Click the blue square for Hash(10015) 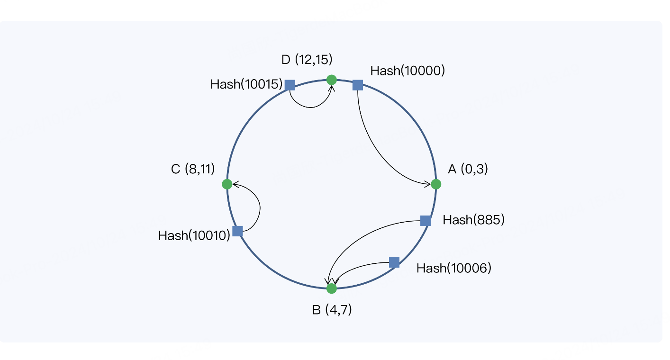[x=290, y=85]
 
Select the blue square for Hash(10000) [x=358, y=85]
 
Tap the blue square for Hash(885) [x=426, y=221]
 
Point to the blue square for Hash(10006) [x=394, y=262]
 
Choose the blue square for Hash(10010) [x=237, y=231]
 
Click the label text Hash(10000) [x=407, y=71]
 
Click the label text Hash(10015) [x=246, y=84]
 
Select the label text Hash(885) [x=473, y=220]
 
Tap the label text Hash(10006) [x=454, y=268]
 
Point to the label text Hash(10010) [x=194, y=235]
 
